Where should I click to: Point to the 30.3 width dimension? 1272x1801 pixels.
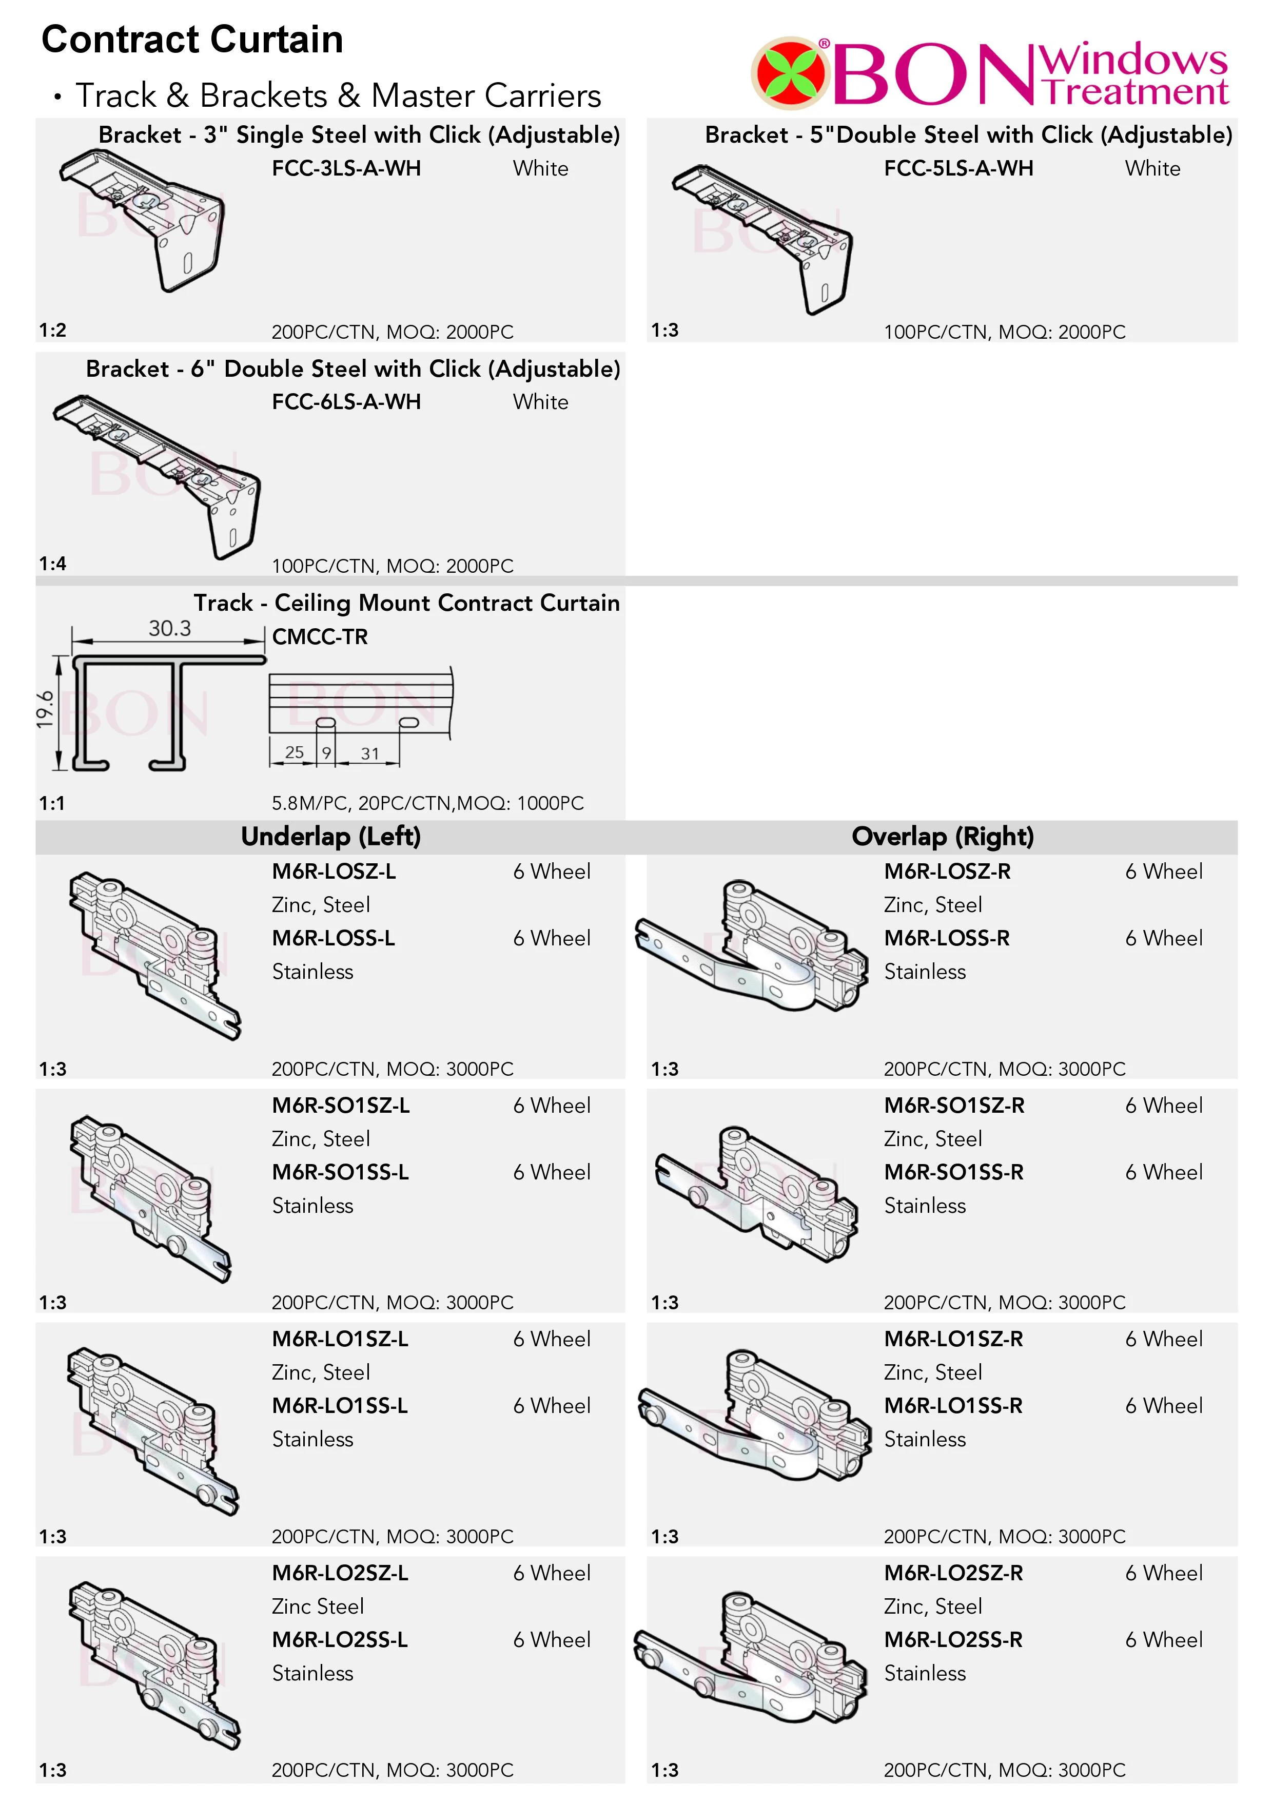click(x=169, y=628)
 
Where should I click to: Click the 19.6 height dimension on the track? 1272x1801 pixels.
click(x=46, y=709)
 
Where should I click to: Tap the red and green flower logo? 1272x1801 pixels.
click(x=791, y=73)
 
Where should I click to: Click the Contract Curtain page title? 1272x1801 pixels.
click(x=192, y=39)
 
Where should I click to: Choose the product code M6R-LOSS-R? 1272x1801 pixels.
click(x=947, y=938)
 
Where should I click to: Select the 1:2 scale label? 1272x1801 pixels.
click(x=52, y=330)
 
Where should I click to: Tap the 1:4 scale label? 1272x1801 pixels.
click(x=52, y=563)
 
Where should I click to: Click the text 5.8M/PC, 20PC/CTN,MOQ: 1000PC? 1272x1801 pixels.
click(x=427, y=803)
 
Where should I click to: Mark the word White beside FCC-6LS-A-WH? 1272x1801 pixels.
click(x=540, y=402)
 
